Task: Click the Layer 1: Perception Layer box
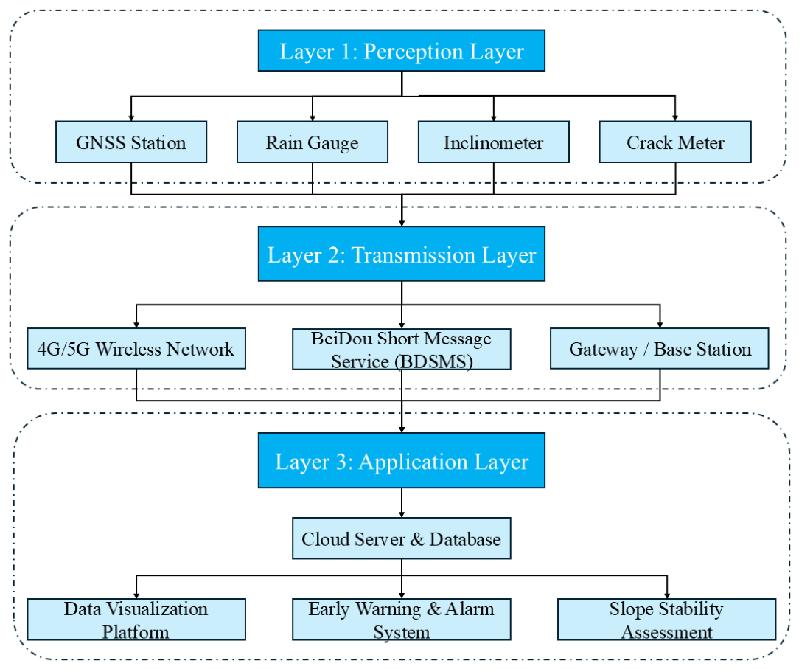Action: click(402, 50)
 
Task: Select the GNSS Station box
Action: click(131, 142)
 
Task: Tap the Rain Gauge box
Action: click(313, 142)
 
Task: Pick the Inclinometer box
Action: click(494, 142)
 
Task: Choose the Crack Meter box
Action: click(675, 142)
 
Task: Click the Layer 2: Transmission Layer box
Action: click(402, 254)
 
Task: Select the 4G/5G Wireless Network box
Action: click(136, 348)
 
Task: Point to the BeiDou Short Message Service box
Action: click(402, 349)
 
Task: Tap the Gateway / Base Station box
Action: click(660, 348)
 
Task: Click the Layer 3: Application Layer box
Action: click(402, 460)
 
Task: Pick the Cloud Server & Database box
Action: click(402, 538)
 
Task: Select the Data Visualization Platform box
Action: click(136, 620)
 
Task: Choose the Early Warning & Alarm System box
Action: click(402, 620)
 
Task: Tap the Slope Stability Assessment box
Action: click(667, 620)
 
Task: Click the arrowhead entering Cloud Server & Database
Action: click(402, 515)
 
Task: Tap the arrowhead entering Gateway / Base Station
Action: click(660, 325)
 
